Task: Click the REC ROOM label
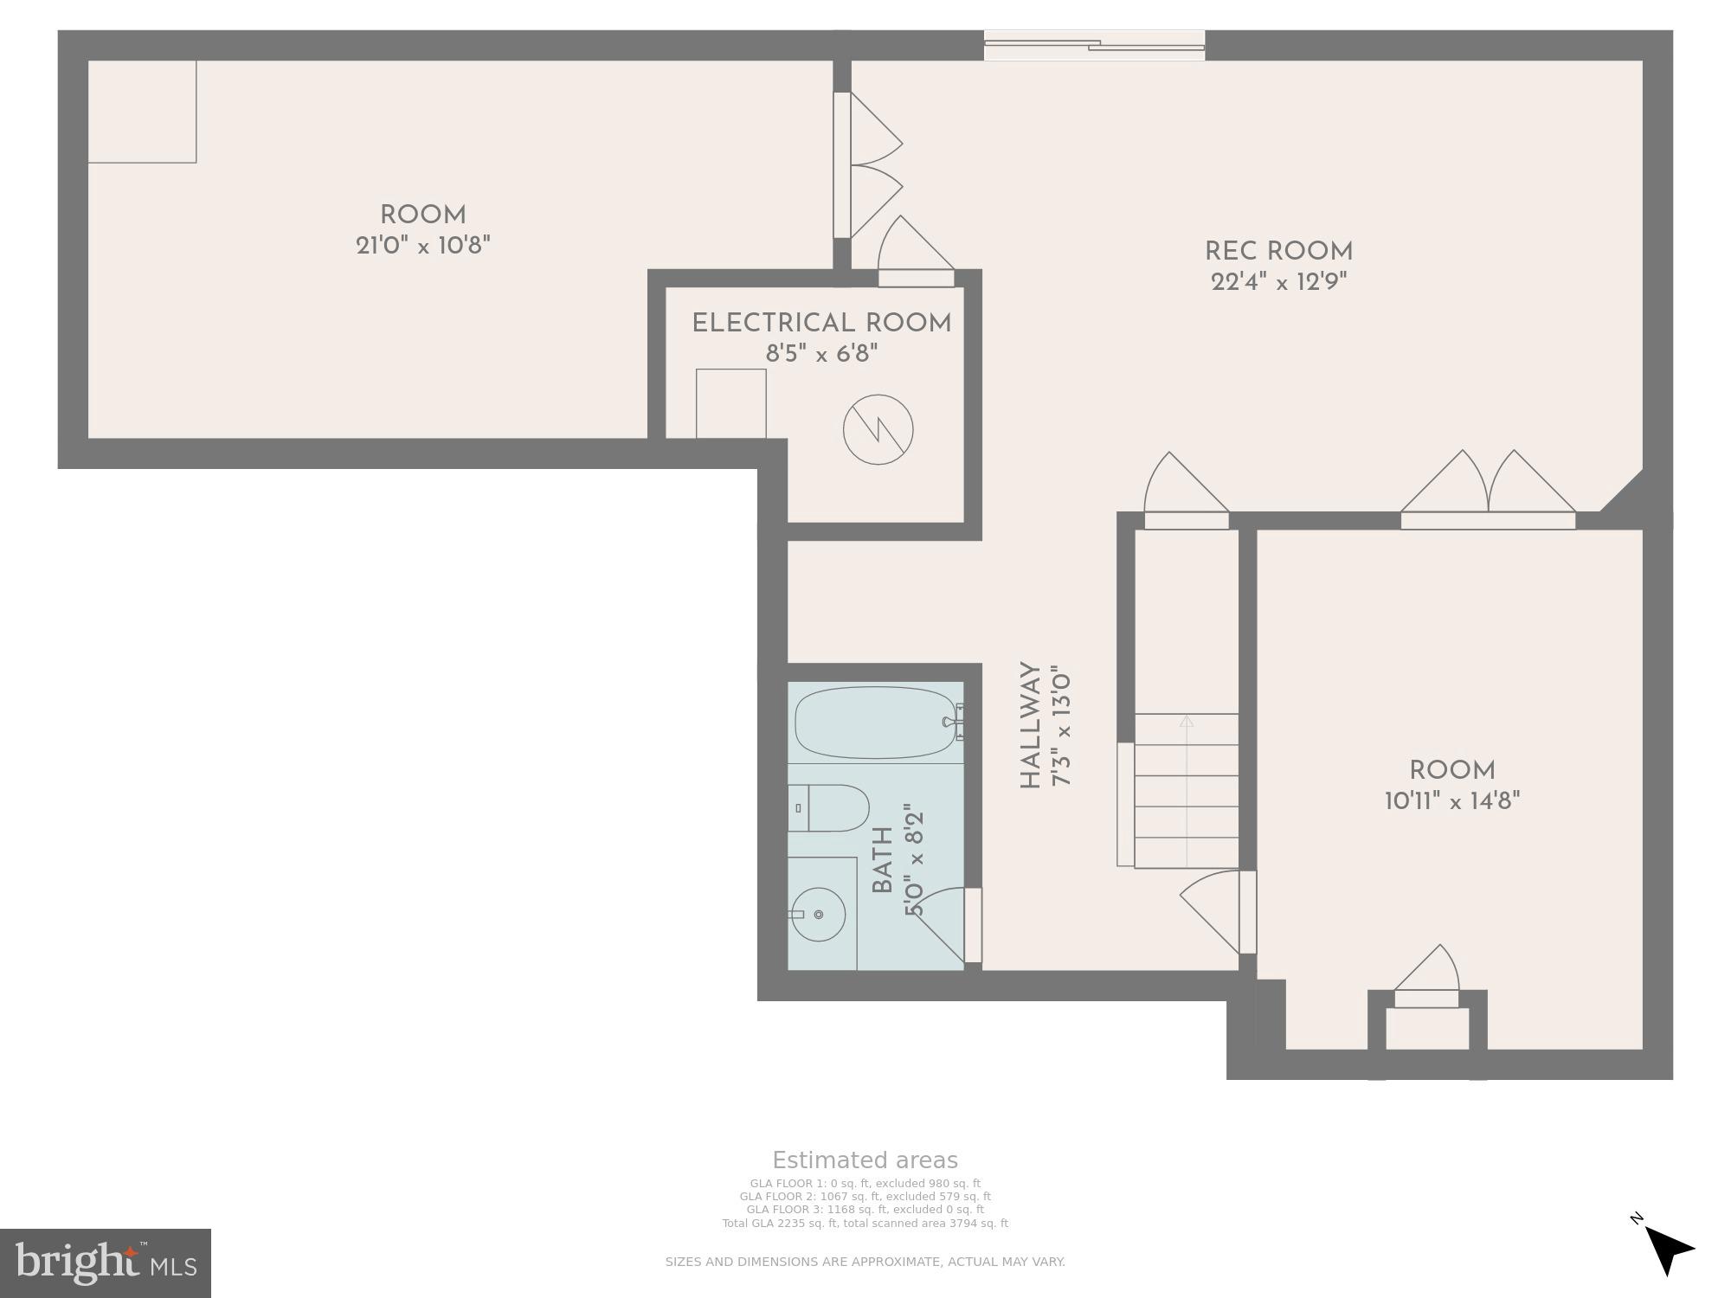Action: [1278, 252]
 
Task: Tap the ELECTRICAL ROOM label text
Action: [821, 324]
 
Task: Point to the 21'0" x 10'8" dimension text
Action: [423, 246]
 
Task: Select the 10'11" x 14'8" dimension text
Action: [1452, 801]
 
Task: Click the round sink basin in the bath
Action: [818, 915]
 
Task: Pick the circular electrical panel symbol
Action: [878, 429]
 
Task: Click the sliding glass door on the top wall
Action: [1094, 45]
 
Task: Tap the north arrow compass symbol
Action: [1666, 1249]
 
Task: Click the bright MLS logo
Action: [106, 1263]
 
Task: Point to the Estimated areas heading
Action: [865, 1160]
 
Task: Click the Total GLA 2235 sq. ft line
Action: [865, 1224]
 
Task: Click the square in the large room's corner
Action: [143, 112]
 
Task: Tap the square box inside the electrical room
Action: [731, 403]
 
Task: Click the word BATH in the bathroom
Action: [882, 860]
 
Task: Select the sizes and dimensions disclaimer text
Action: [865, 1262]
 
